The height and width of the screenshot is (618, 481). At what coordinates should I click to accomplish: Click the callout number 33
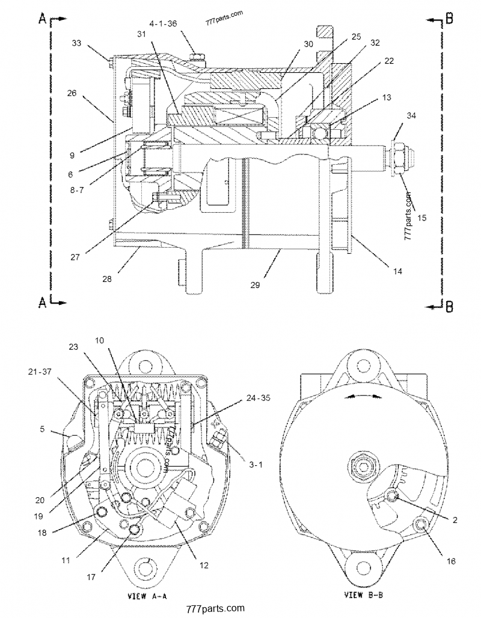coord(76,43)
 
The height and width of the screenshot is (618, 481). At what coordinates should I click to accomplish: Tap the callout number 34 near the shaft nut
coord(411,115)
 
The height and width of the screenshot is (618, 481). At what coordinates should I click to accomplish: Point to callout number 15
coord(422,218)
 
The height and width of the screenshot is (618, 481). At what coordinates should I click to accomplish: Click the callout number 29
coord(255,285)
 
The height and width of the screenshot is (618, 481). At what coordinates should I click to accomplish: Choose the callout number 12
coord(204,564)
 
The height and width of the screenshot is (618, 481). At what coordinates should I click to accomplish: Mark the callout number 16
coord(451,561)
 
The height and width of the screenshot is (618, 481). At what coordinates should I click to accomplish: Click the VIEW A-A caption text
coord(147,598)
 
